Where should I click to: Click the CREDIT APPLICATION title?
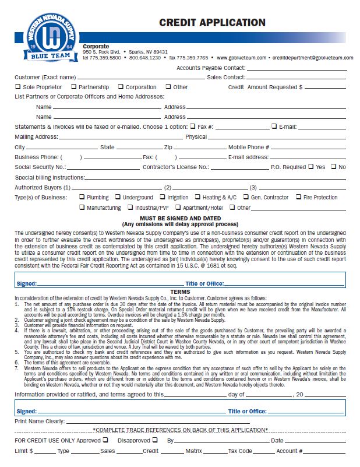(212, 23)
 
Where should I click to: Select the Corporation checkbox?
(121, 87)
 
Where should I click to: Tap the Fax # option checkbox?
(193, 127)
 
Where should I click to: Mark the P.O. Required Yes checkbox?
(310, 167)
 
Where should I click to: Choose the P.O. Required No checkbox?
(334, 167)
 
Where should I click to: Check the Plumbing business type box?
(82, 197)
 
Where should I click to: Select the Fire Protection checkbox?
(298, 197)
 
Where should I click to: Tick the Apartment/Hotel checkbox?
(178, 207)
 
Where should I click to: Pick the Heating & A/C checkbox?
(197, 197)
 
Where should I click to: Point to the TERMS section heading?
(179, 292)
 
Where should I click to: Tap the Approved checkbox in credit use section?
(105, 440)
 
